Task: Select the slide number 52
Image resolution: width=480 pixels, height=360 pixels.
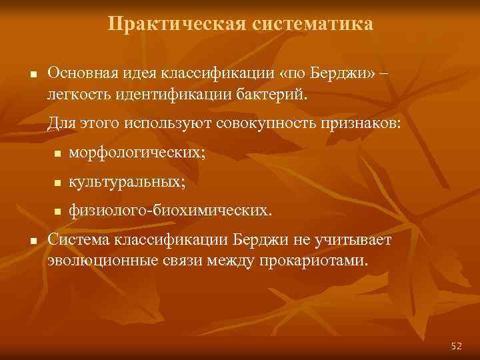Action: click(x=456, y=345)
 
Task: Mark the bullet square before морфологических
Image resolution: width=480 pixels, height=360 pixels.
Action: click(x=58, y=155)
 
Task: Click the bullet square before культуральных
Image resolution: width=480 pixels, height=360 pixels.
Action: click(x=58, y=183)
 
